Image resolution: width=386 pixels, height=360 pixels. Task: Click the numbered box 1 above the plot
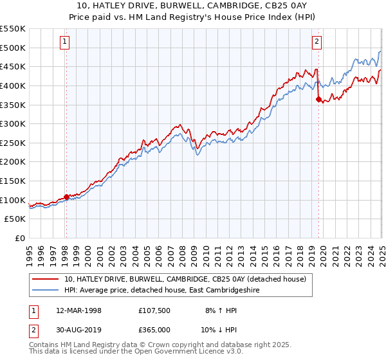66,42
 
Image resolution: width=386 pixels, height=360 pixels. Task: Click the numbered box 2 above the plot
317,42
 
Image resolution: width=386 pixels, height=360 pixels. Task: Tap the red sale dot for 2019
318,99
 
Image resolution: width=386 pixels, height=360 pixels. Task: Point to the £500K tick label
14,48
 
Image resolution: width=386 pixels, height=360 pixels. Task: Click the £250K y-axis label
14,143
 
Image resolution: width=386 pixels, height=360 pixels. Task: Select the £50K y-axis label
16,219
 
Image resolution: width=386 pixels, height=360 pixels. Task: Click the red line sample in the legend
45,279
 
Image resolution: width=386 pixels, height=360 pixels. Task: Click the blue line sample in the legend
45,290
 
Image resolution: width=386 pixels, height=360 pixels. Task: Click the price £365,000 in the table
154,329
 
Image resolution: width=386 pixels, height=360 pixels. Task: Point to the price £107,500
154,310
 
